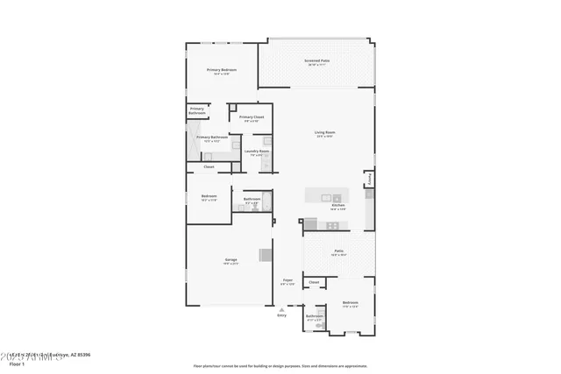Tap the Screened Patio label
click(x=317, y=61)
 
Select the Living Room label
click(x=325, y=133)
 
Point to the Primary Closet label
click(x=252, y=117)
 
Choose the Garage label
click(x=231, y=259)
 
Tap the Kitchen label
click(x=337, y=206)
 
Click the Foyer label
click(x=288, y=280)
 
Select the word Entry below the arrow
click(x=281, y=315)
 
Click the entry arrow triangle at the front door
click(x=281, y=309)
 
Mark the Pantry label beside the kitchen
click(x=370, y=178)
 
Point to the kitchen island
click(x=327, y=196)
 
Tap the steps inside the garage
click(x=266, y=255)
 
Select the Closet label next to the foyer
click(x=314, y=282)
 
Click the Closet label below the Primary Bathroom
click(x=209, y=166)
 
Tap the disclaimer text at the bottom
click(x=280, y=365)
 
